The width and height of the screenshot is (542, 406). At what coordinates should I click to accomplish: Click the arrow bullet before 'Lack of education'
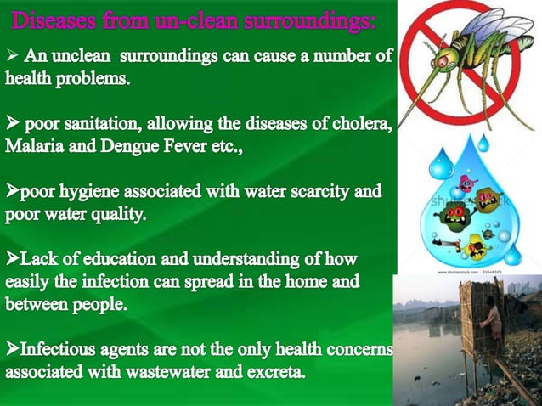(12, 258)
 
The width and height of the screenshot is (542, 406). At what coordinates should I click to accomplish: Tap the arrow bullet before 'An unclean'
(12, 58)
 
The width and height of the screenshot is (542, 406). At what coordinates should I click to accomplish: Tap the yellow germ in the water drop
(477, 245)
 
